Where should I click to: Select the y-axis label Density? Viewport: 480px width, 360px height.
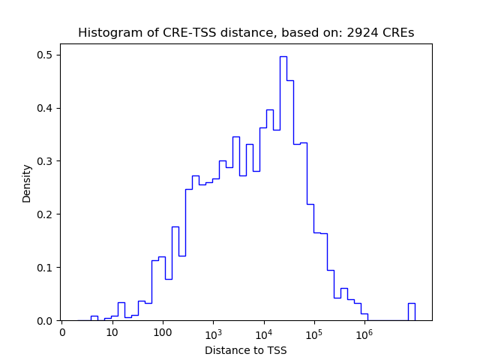27,183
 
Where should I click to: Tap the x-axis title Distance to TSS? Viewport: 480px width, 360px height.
246,350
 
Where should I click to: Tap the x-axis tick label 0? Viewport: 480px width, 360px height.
62,332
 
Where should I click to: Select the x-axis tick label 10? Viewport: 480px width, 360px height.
112,332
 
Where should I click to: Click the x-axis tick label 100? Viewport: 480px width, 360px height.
163,332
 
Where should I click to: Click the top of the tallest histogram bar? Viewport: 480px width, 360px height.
283,57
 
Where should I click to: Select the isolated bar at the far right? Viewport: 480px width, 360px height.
411,311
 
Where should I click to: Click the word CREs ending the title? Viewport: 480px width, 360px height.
398,33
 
